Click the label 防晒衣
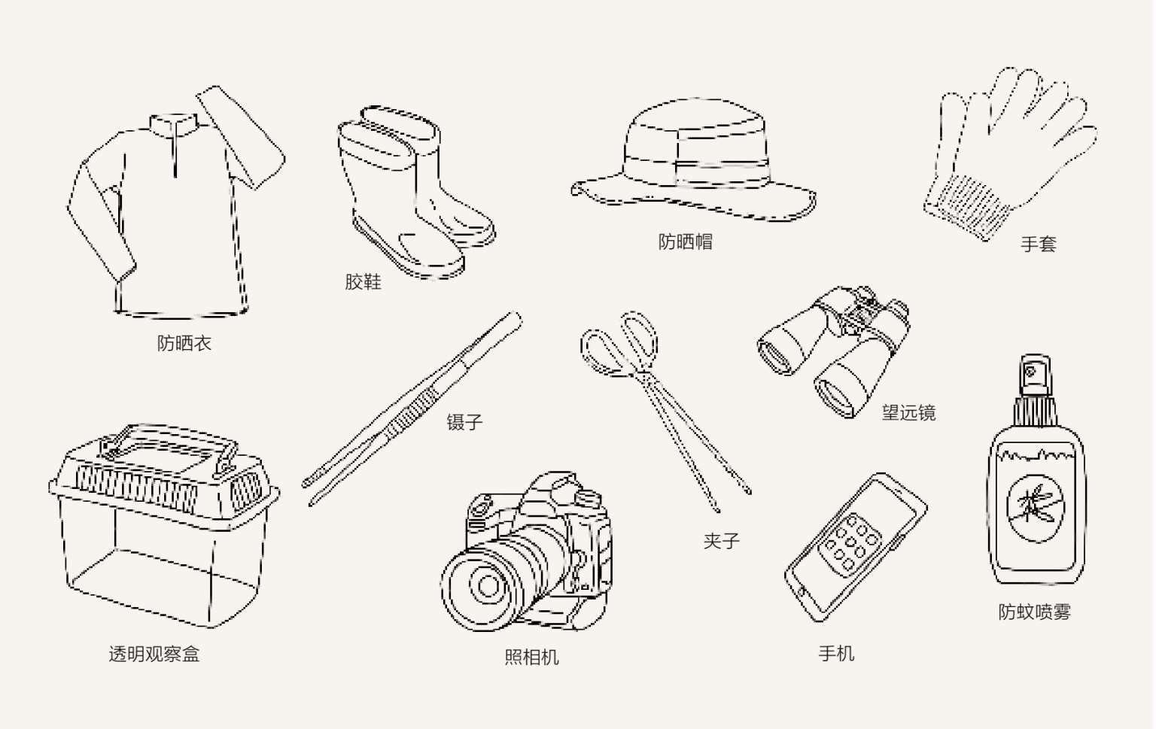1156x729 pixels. tap(184, 343)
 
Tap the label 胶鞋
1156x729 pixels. tap(363, 282)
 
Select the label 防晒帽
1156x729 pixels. tap(685, 241)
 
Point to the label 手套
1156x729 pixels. tap(1038, 244)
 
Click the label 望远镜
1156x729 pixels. tap(908, 412)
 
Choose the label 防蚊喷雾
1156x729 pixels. tap(1034, 612)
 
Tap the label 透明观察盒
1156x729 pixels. tap(154, 654)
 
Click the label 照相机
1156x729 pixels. tap(531, 657)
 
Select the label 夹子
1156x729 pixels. tap(721, 541)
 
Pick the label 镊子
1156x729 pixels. tap(464, 422)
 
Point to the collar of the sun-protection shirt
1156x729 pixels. tap(175, 124)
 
